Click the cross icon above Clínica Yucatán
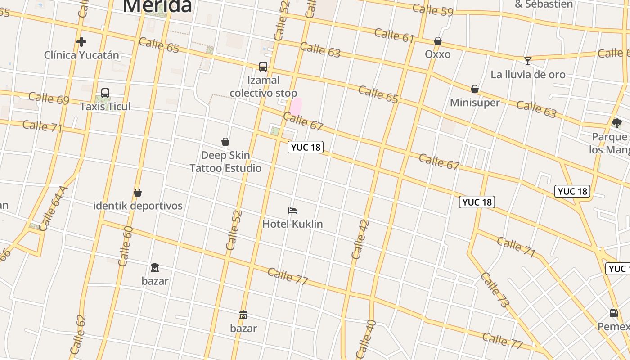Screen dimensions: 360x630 click(x=81, y=42)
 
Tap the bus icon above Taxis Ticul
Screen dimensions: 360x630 click(x=105, y=93)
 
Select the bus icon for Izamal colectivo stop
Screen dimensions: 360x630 click(x=263, y=67)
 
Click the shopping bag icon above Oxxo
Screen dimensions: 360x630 click(x=437, y=41)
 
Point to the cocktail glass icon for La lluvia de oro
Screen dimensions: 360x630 click(x=528, y=61)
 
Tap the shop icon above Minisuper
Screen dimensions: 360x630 click(x=475, y=89)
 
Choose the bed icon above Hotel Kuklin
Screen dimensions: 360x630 click(x=292, y=210)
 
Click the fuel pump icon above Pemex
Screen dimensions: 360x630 click(x=614, y=313)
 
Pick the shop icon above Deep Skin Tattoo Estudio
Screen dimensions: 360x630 click(x=225, y=142)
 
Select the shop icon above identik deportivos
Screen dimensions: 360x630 click(x=138, y=193)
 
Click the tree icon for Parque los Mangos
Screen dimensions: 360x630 click(x=617, y=123)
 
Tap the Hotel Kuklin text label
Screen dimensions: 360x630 click(x=292, y=224)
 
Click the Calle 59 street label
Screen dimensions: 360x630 click(x=432, y=10)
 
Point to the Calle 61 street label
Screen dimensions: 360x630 click(x=394, y=35)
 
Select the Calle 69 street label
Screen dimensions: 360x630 click(x=49, y=98)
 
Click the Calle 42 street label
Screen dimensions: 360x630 click(x=360, y=239)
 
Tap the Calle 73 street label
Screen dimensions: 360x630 click(x=495, y=290)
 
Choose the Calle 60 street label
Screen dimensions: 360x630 click(x=125, y=246)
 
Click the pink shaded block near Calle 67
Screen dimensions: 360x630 click(x=296, y=107)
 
